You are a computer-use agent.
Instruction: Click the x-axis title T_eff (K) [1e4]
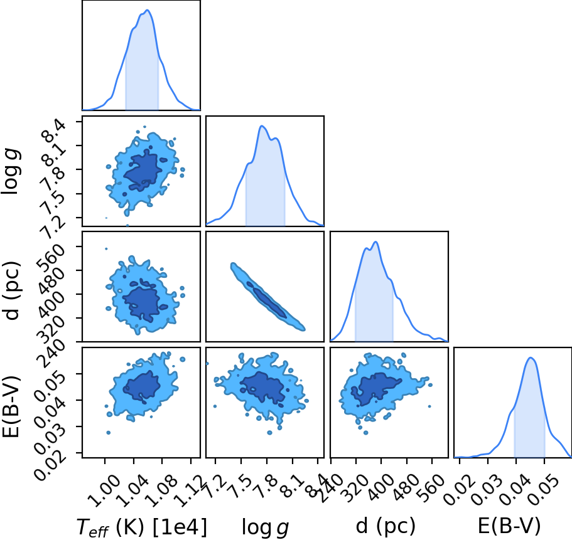[141, 527]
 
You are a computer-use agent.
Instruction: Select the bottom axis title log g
[265, 527]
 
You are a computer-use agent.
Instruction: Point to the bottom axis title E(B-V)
[509, 526]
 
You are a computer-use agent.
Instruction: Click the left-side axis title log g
[11, 172]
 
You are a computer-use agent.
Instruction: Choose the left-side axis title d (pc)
[11, 290]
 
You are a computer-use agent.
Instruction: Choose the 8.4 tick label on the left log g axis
[54, 131]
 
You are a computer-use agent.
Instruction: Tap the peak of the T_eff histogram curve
[147, 10]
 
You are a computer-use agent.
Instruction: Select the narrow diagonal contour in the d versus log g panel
[267, 297]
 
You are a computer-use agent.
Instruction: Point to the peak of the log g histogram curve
[262, 126]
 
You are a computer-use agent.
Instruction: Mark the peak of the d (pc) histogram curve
[375, 242]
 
